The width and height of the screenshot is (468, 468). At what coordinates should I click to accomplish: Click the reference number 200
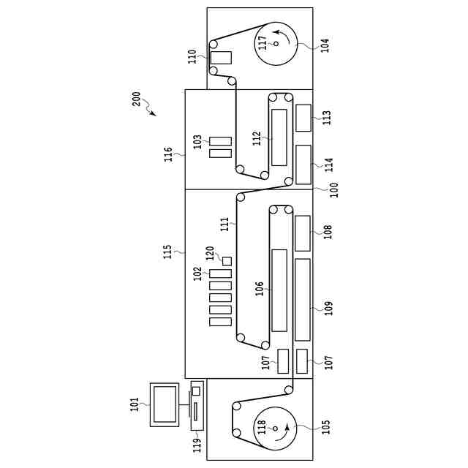137,99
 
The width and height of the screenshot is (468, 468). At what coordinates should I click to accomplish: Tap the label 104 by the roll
325,43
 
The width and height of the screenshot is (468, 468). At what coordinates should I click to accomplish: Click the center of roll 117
276,44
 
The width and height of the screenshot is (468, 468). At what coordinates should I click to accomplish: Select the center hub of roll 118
276,429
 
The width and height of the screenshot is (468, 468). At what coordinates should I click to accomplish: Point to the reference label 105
325,426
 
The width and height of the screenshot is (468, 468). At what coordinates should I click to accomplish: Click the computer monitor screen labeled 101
165,404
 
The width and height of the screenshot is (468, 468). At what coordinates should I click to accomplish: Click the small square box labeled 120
227,261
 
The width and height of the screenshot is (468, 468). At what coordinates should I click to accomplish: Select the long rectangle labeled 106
279,290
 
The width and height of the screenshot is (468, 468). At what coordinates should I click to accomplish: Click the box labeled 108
302,233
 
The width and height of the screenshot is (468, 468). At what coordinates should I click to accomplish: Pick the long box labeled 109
302,299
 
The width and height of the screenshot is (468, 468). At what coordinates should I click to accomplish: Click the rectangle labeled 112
279,137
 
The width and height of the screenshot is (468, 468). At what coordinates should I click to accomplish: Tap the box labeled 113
303,118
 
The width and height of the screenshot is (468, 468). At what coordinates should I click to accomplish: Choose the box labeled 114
303,165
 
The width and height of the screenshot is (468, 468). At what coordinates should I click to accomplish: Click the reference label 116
168,154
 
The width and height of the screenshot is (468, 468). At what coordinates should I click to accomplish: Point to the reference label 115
168,252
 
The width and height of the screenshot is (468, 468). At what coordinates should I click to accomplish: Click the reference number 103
197,141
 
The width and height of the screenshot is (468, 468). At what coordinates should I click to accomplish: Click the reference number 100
333,189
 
